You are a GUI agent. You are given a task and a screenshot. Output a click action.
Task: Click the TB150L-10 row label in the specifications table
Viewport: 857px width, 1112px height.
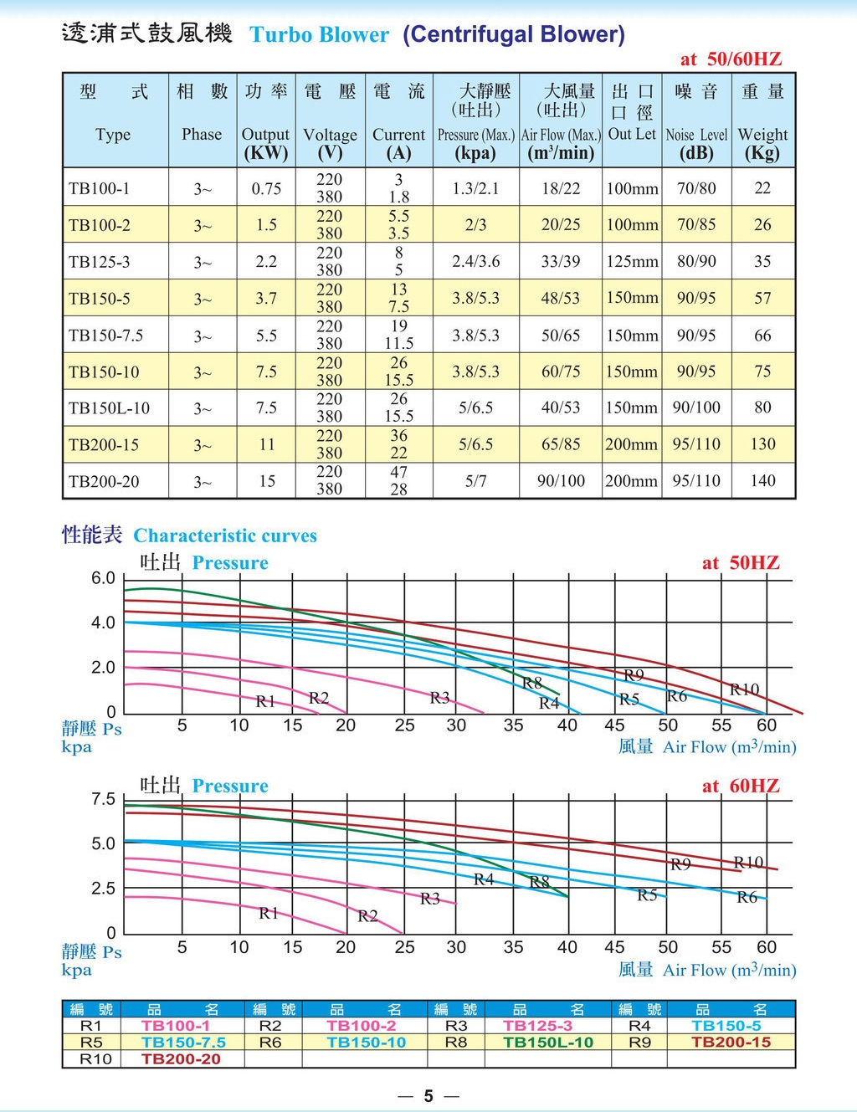[x=109, y=408]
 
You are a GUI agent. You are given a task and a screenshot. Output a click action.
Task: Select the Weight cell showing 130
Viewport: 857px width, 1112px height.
[x=763, y=443]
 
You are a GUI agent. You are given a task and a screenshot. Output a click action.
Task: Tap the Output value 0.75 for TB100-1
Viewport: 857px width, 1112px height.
[x=266, y=189]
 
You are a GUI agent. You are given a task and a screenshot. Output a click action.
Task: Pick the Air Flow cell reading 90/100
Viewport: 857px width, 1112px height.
[x=561, y=480]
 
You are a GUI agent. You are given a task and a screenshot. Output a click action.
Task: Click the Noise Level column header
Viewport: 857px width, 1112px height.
[x=696, y=135]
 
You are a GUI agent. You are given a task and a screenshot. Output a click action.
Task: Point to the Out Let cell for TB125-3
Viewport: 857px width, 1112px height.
[x=633, y=262]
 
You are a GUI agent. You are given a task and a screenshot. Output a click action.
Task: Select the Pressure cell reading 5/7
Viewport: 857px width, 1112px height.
[x=475, y=480]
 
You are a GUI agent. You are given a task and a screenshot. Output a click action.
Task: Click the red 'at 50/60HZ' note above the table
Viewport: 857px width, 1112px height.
[x=731, y=59]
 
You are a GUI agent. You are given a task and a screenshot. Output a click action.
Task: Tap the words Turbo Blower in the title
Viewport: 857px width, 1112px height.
[x=319, y=35]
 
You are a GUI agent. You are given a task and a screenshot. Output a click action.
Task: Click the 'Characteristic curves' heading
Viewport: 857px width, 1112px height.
[x=225, y=536]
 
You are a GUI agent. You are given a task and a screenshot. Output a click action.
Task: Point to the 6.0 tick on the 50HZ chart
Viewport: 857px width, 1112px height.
[x=103, y=578]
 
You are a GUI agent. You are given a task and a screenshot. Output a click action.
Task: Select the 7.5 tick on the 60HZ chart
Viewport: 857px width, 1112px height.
[x=103, y=799]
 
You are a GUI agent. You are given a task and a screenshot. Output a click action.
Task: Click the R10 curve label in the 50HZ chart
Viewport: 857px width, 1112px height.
[x=745, y=689]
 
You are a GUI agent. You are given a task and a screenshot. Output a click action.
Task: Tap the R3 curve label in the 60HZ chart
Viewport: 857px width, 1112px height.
[x=430, y=899]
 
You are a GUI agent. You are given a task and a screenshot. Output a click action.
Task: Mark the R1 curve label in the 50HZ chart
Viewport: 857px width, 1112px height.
[x=265, y=701]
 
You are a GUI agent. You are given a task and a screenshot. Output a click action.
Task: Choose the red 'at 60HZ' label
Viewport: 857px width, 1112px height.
[x=741, y=786]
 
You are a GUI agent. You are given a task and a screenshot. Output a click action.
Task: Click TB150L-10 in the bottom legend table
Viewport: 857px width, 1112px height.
[x=548, y=1042]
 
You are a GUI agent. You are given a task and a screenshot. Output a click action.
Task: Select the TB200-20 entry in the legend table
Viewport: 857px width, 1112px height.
[x=181, y=1058]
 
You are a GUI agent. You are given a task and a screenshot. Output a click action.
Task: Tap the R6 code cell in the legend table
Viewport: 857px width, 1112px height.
[x=270, y=1042]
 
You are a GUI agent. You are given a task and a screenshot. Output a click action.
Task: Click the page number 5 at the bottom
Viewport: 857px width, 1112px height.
[x=428, y=1095]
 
